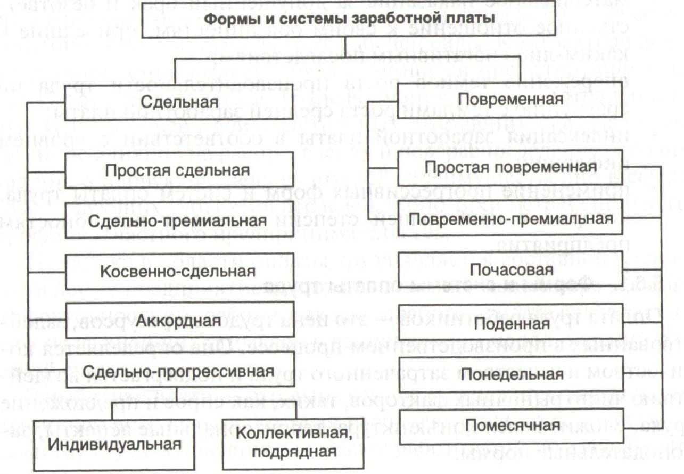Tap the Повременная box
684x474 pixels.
(x=511, y=100)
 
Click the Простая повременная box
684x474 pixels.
(x=511, y=167)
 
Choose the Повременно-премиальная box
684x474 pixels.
(x=511, y=219)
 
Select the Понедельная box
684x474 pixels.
(x=511, y=374)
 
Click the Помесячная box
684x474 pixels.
(x=511, y=426)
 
